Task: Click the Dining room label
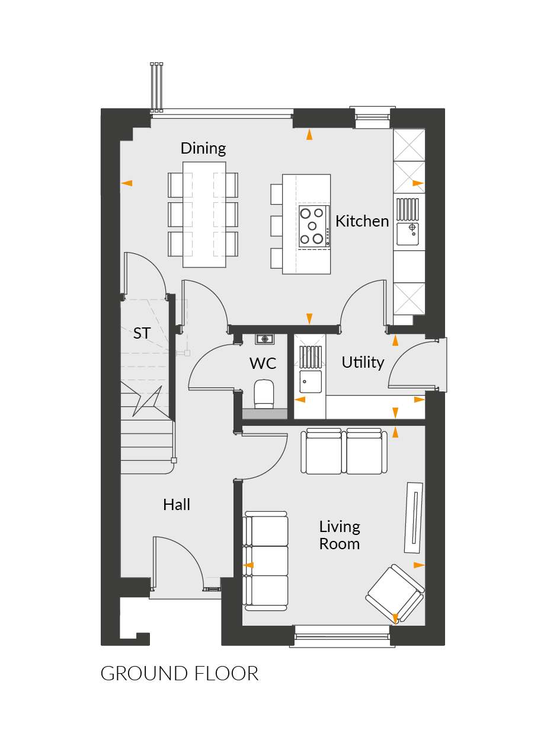(203, 149)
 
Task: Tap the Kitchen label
(362, 221)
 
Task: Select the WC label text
(263, 364)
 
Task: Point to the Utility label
(363, 362)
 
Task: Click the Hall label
(177, 505)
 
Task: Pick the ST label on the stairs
(142, 333)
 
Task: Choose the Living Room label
(340, 536)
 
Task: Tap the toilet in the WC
(264, 394)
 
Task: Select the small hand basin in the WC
(264, 339)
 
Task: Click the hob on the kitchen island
(314, 226)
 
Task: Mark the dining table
(204, 215)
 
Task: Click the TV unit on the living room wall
(414, 517)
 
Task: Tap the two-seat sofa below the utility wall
(344, 451)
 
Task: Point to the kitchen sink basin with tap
(408, 234)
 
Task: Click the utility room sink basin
(310, 381)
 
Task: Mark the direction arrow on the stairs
(147, 401)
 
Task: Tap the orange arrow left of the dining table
(127, 183)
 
